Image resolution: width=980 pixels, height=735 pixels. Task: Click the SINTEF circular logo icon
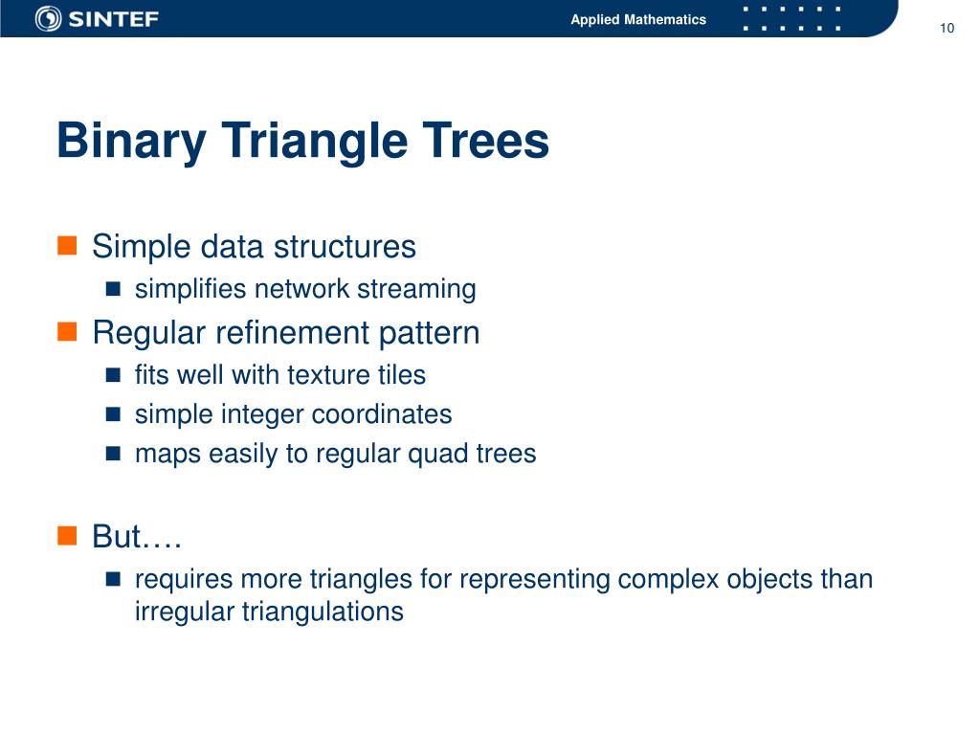pyautogui.click(x=48, y=19)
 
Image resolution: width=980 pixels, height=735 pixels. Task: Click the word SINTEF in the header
pyautogui.click(x=113, y=19)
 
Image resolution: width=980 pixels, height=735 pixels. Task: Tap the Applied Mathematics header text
pyautogui.click(x=638, y=19)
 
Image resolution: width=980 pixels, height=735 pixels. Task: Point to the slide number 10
pyautogui.click(x=947, y=28)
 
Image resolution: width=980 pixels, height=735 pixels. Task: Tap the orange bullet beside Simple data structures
pyautogui.click(x=67, y=246)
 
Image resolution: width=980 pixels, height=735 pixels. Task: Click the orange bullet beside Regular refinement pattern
pyautogui.click(x=67, y=332)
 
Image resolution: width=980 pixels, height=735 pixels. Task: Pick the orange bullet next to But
pyautogui.click(x=67, y=536)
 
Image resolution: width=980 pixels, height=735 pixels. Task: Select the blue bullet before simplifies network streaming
pyautogui.click(x=113, y=289)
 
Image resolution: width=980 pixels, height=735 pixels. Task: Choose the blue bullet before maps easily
pyautogui.click(x=113, y=453)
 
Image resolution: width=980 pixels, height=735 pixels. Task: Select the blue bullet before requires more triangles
pyautogui.click(x=113, y=579)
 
